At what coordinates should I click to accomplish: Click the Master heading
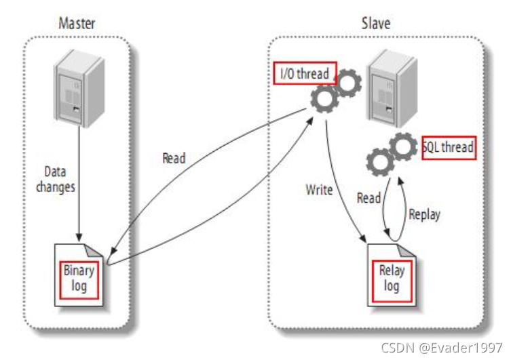(77, 23)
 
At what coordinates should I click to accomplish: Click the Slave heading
(375, 23)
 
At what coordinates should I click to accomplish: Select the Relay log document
(392, 278)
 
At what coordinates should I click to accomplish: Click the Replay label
(423, 214)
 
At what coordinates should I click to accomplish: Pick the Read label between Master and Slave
(174, 159)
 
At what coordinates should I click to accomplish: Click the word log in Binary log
(79, 285)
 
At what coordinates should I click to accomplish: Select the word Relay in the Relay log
(392, 271)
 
